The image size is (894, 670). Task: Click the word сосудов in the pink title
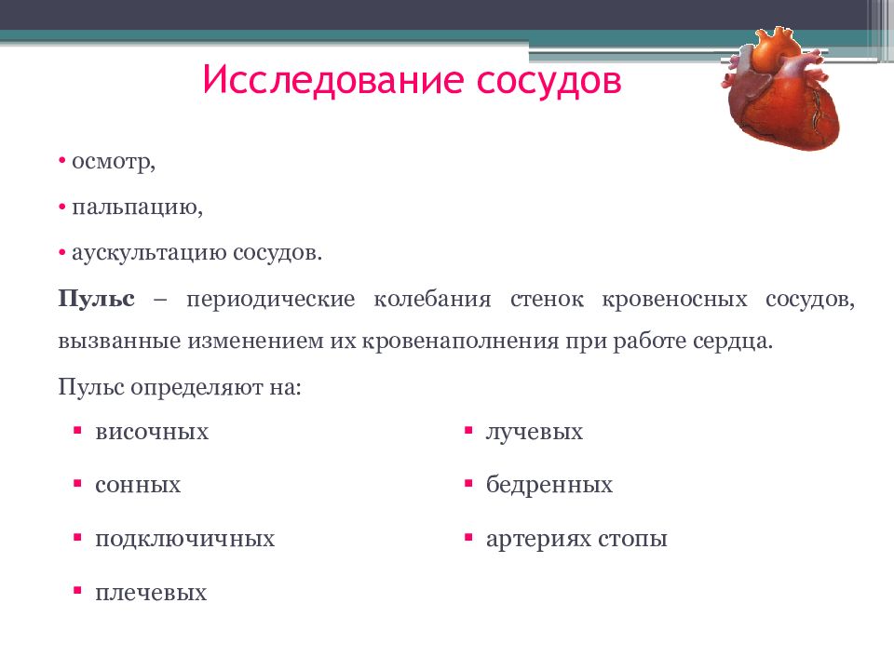pos(549,80)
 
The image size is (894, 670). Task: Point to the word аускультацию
pos(150,252)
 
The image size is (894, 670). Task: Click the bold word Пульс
pos(97,300)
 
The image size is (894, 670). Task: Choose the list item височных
pos(151,432)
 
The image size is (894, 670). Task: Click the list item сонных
pos(137,485)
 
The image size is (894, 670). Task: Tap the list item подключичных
pos(184,539)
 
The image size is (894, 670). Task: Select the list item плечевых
pos(150,593)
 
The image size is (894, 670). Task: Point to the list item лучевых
pos(534,432)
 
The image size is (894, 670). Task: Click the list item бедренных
pos(549,485)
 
